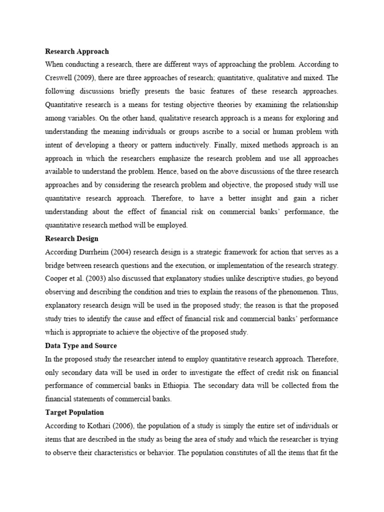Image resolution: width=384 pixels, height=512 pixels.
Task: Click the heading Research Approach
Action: point(76,51)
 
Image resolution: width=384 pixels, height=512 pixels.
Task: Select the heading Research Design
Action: point(71,238)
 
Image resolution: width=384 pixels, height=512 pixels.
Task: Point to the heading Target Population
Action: point(74,412)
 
